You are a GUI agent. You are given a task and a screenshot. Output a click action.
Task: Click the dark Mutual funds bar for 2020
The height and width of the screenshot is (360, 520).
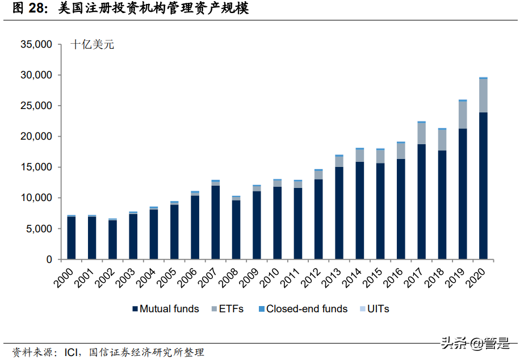tap(483, 186)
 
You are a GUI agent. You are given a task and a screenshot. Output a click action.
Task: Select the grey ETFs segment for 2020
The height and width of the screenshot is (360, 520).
tap(483, 95)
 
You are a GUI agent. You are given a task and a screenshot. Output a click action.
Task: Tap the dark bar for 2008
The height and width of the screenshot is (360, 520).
tap(236, 229)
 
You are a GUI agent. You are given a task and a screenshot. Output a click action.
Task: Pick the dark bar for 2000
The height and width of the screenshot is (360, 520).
tap(71, 238)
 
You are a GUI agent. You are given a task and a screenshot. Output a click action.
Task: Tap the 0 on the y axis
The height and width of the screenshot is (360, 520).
tap(49, 259)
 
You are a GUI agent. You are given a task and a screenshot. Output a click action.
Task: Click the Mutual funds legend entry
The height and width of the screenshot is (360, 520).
tap(165, 309)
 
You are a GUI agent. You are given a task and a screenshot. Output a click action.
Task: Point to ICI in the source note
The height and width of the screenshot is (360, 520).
tap(72, 352)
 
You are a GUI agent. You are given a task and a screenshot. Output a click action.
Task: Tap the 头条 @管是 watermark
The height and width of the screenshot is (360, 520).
tap(474, 343)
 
